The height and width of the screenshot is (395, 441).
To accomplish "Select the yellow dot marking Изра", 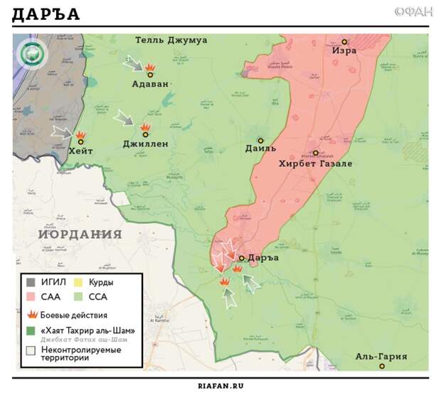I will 344,43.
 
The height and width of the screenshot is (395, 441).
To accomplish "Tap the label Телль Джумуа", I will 171,40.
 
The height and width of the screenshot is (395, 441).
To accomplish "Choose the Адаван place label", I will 150,84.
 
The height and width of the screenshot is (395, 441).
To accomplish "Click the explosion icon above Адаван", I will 150,69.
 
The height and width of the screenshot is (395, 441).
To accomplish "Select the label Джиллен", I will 145,144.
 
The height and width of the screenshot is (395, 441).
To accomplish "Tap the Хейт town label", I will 80,151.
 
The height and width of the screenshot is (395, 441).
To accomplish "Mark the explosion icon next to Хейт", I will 81,135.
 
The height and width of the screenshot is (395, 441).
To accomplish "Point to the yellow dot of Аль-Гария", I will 383,367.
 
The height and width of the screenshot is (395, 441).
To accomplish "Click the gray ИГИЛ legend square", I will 31,282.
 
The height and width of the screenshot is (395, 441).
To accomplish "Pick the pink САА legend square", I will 31,297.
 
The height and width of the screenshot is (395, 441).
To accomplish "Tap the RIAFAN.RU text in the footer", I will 220,385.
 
